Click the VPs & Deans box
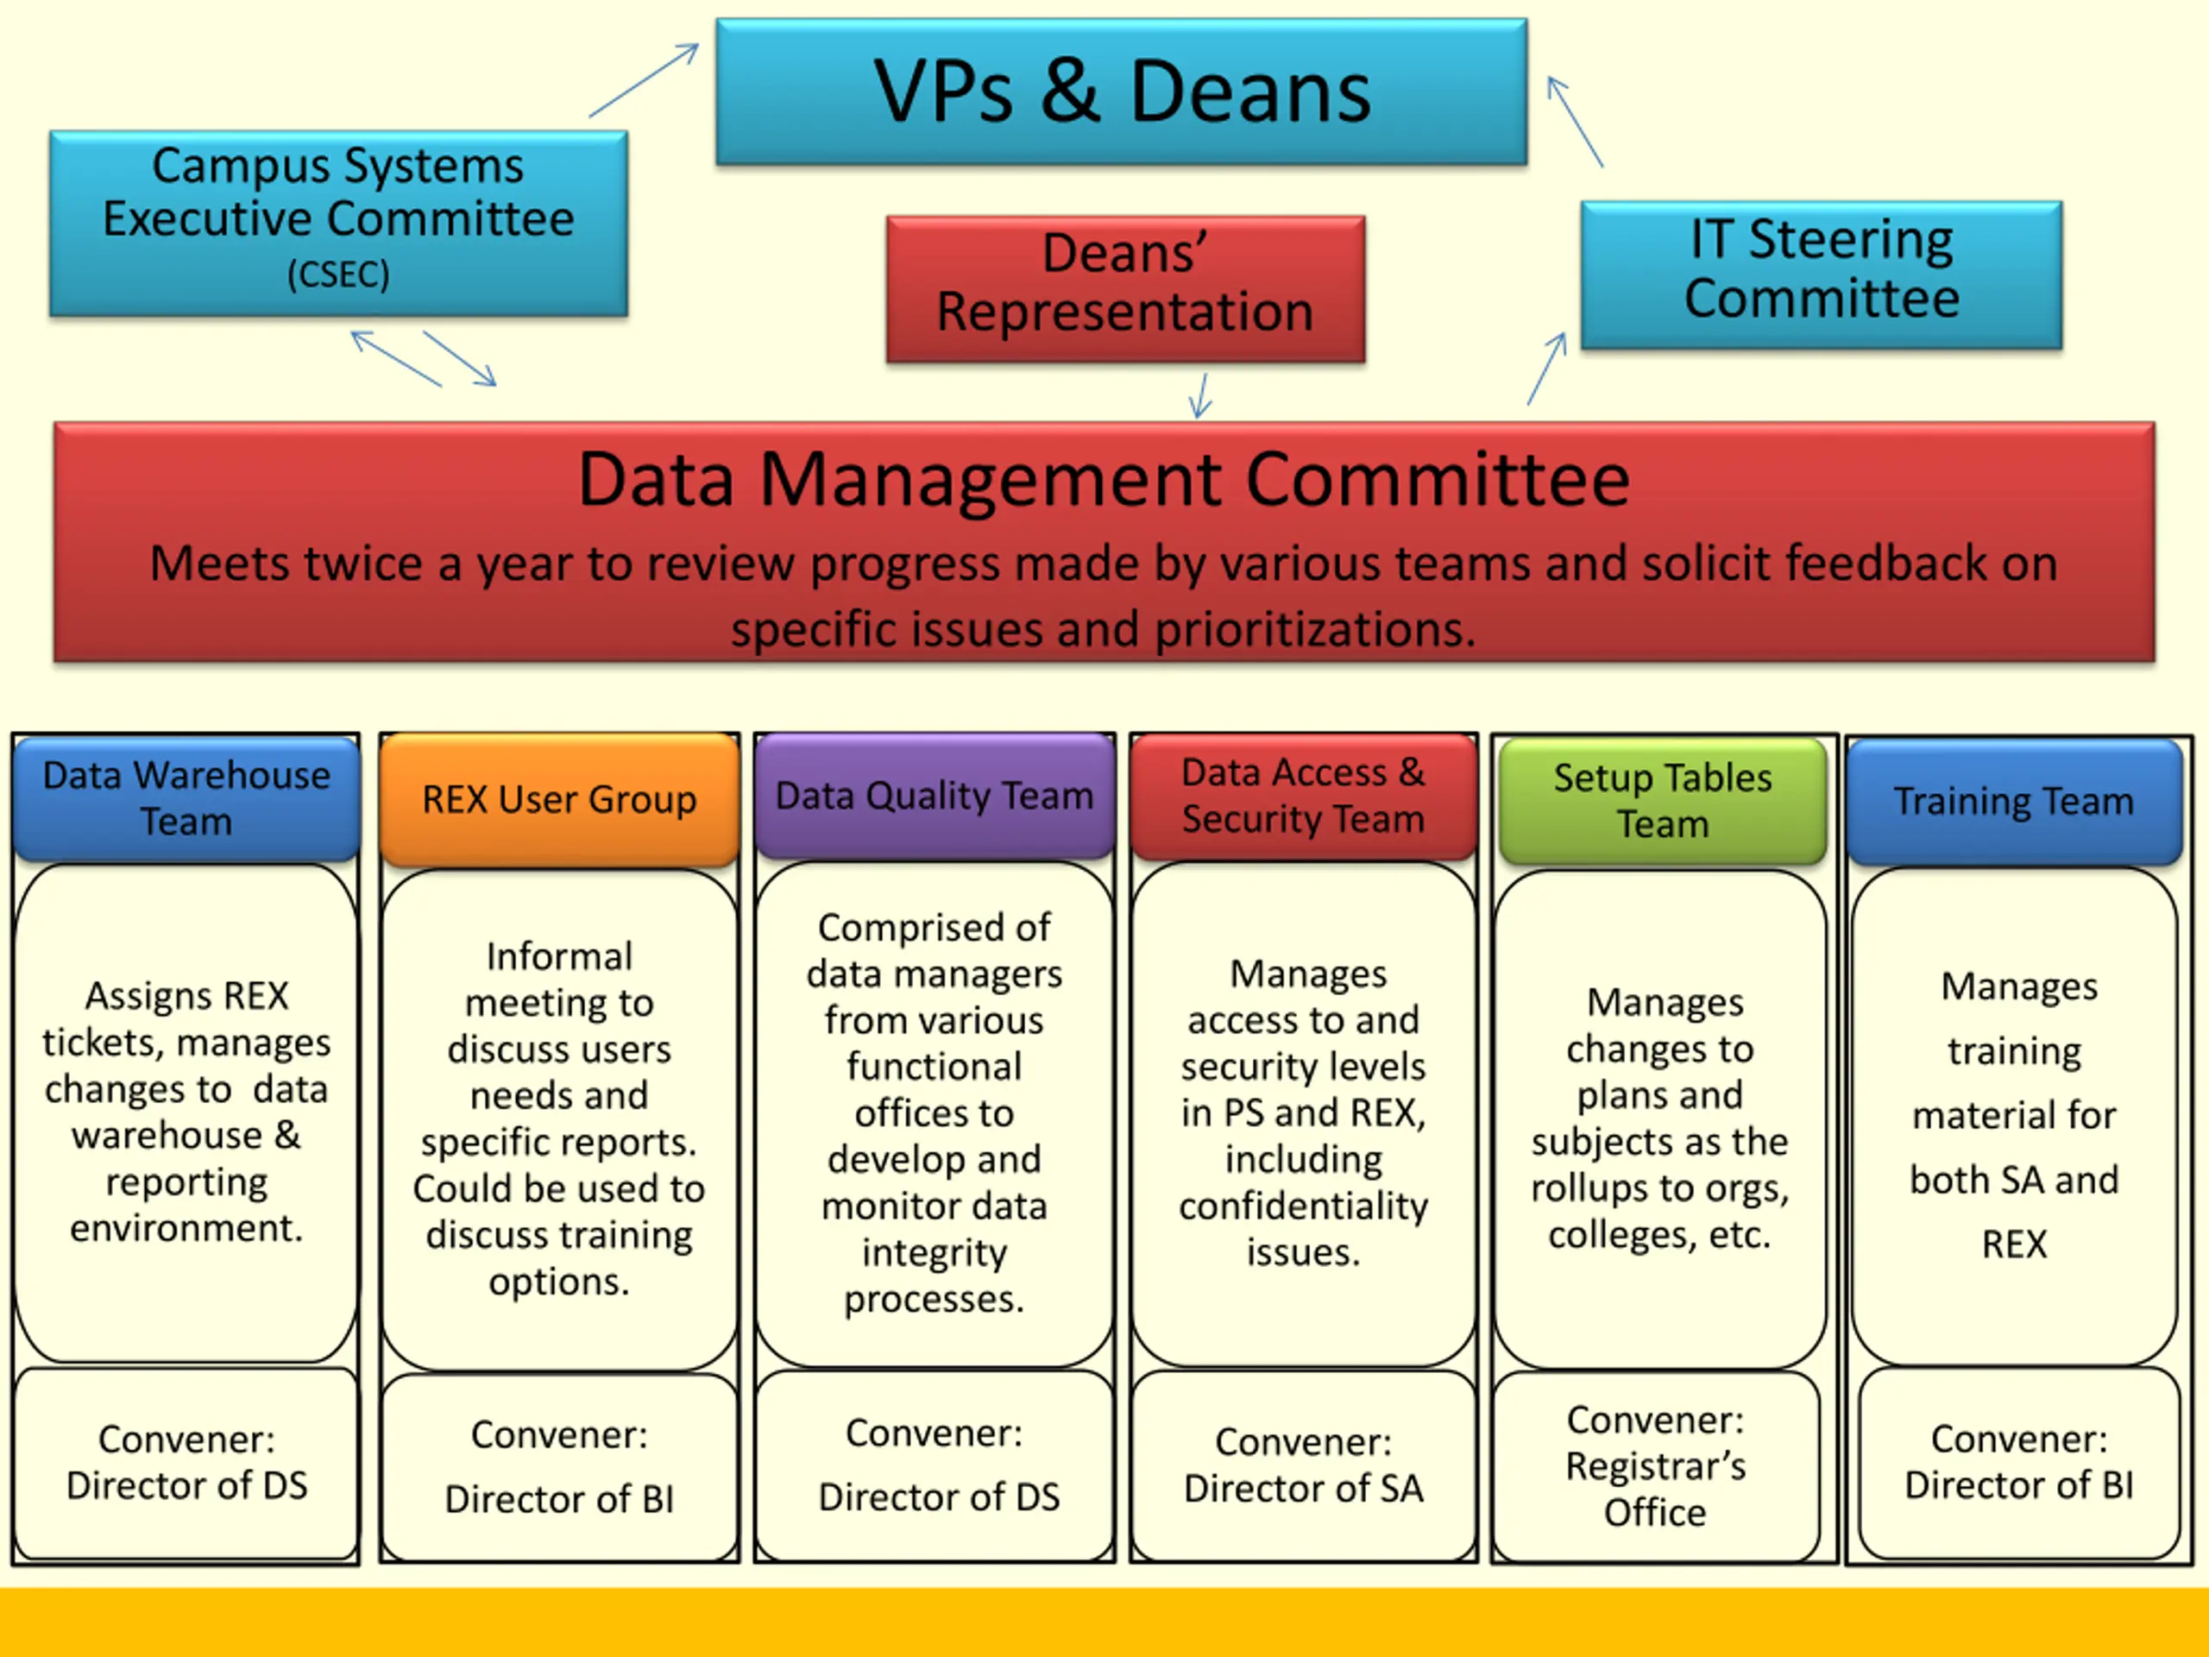[x=1121, y=91]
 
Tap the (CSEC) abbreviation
[x=338, y=274]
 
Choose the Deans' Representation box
[x=1125, y=288]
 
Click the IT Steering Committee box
[x=1822, y=274]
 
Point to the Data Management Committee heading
[x=1104, y=481]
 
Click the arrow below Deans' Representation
[x=1200, y=394]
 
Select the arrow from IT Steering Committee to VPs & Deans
[x=1575, y=121]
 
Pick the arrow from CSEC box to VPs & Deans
[x=644, y=80]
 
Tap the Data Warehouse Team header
[x=186, y=798]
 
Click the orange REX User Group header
[x=559, y=799]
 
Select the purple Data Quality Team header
[x=935, y=796]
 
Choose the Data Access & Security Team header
[x=1303, y=796]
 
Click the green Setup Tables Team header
[x=1663, y=801]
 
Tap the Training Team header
[x=2014, y=802]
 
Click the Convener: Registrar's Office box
[x=1656, y=1465]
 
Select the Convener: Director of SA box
[x=1303, y=1465]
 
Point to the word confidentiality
[x=1303, y=1206]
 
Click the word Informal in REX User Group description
[x=559, y=957]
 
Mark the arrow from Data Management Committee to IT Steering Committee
[x=1547, y=368]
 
